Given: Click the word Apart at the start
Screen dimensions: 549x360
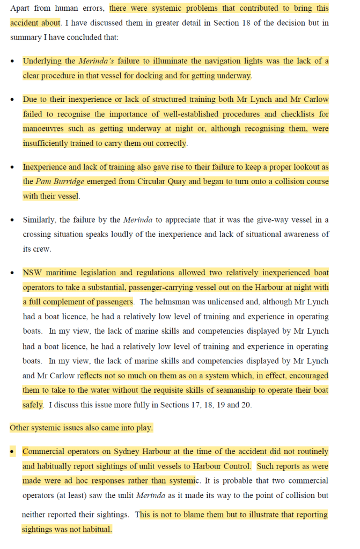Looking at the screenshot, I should pos(20,9).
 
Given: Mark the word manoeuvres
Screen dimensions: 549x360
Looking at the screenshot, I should pos(45,129).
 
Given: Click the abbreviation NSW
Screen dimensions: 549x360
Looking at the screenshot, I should pos(32,273).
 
